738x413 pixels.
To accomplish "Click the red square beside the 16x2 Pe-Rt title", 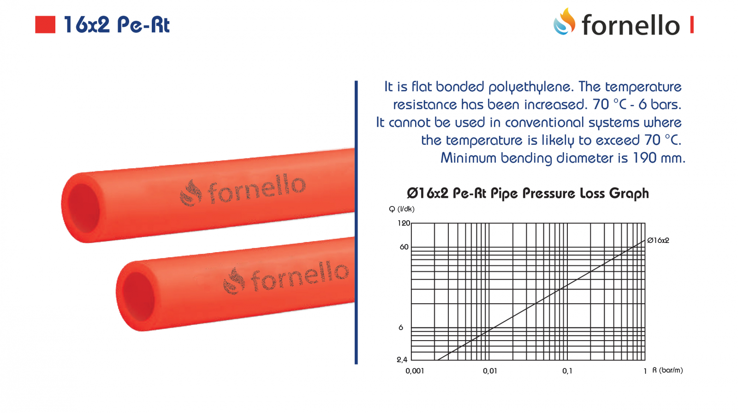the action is click(x=45, y=24).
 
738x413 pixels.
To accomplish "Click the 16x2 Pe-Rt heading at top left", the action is click(x=116, y=25).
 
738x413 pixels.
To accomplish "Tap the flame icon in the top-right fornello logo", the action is click(x=565, y=21).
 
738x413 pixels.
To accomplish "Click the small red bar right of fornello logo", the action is click(x=692, y=24).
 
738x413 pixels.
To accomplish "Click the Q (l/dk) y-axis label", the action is click(x=402, y=209).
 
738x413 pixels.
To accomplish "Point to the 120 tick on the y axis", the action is click(x=404, y=223).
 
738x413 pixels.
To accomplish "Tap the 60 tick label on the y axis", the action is click(x=404, y=247).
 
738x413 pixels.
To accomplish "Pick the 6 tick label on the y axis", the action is click(x=401, y=327).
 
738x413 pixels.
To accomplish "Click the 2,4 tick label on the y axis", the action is click(x=402, y=360).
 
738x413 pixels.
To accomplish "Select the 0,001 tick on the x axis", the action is click(x=415, y=371).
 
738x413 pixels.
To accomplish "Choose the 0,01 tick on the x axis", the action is click(x=490, y=371).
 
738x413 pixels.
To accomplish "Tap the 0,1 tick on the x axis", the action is click(x=567, y=371).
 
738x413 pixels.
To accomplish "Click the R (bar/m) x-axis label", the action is click(x=667, y=370).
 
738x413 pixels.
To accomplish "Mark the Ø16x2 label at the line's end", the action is click(x=658, y=241).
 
